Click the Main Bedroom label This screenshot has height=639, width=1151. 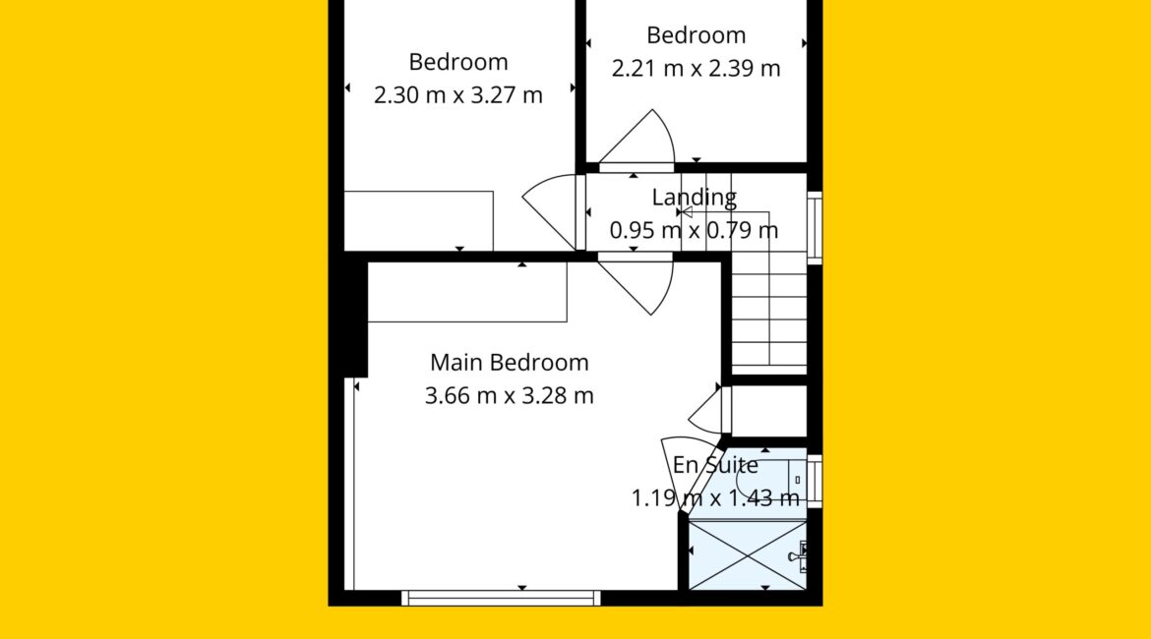click(509, 363)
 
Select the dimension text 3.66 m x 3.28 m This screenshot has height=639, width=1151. click(509, 396)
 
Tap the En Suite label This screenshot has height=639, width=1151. click(715, 465)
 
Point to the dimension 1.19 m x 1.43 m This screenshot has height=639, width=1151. click(715, 498)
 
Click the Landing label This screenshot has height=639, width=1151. click(694, 198)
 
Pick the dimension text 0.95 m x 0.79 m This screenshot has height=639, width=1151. click(694, 230)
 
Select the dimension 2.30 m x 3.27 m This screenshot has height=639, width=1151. click(458, 95)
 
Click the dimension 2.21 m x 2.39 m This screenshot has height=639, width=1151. click(696, 68)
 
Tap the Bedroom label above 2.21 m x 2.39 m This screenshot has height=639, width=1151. click(696, 35)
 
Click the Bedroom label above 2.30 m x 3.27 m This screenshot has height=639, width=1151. click(458, 62)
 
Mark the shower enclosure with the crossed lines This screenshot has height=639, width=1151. click(748, 555)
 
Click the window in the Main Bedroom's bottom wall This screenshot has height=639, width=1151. click(501, 598)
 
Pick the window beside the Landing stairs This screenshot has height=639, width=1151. click(815, 227)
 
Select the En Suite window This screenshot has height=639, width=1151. click(815, 482)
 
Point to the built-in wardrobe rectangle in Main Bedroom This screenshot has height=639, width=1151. click(467, 292)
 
